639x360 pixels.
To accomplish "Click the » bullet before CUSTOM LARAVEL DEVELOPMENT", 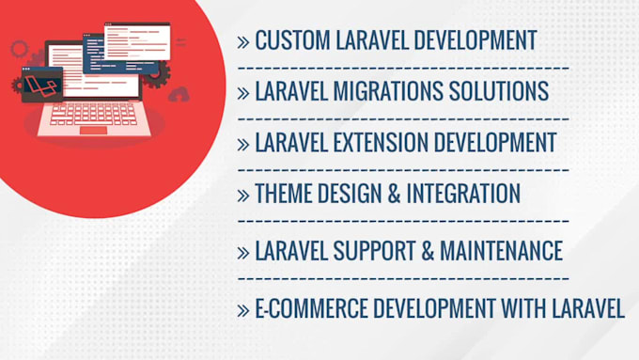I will [x=243, y=41].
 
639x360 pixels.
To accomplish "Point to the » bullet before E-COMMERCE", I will [x=243, y=310].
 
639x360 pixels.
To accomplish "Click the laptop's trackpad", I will [x=93, y=130].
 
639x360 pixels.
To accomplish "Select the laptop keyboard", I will [x=94, y=114].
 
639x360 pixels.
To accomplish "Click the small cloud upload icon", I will [x=178, y=93].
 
